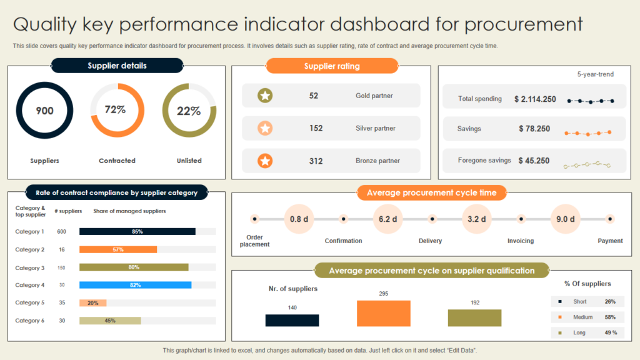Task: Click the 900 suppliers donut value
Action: pyautogui.click(x=44, y=111)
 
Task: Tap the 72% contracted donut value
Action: pyautogui.click(x=115, y=109)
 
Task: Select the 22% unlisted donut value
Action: pyautogui.click(x=189, y=111)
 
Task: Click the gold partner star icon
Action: pyautogui.click(x=265, y=96)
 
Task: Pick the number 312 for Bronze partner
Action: pyautogui.click(x=316, y=161)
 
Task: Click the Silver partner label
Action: pyautogui.click(x=375, y=128)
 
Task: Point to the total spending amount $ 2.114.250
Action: pyautogui.click(x=535, y=99)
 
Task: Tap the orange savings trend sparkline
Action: pyautogui.click(x=587, y=132)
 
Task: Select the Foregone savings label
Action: pyautogui.click(x=484, y=161)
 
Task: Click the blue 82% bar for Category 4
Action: pyautogui.click(x=135, y=285)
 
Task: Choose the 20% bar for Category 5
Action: pyautogui.click(x=92, y=303)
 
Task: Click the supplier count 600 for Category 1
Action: pyautogui.click(x=62, y=231)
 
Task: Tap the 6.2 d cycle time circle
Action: pyautogui.click(x=388, y=219)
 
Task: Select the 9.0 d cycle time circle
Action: pyautogui.click(x=566, y=219)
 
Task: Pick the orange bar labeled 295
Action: pyautogui.click(x=383, y=313)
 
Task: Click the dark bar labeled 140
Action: pyautogui.click(x=292, y=320)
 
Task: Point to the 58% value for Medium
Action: pyautogui.click(x=610, y=317)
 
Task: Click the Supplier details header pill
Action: pyautogui.click(x=117, y=66)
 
